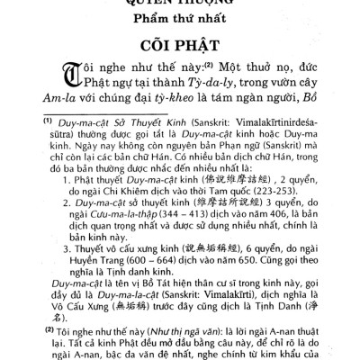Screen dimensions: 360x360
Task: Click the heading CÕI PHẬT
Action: [179, 46]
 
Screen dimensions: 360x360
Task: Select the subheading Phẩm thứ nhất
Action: [179, 20]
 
